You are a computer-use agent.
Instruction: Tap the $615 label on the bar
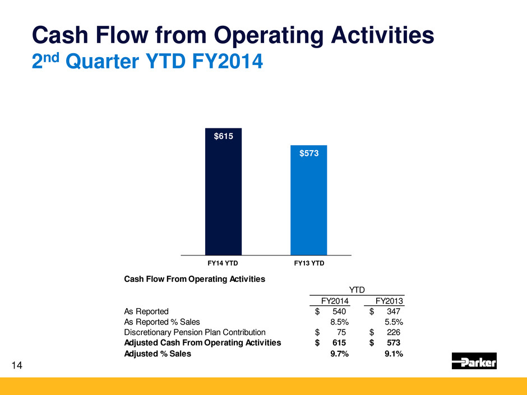click(x=223, y=136)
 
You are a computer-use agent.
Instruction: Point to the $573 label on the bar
click(x=308, y=152)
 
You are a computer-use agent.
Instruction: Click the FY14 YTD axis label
click(x=223, y=262)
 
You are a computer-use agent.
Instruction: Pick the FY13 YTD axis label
click(x=308, y=262)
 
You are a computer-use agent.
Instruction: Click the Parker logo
click(x=474, y=361)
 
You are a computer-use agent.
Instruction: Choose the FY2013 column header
click(x=387, y=300)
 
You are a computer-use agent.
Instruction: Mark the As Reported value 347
click(x=393, y=311)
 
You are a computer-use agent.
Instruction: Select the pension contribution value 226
click(x=393, y=332)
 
